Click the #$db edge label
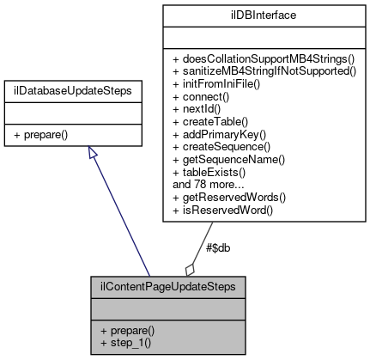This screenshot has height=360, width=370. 217,248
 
